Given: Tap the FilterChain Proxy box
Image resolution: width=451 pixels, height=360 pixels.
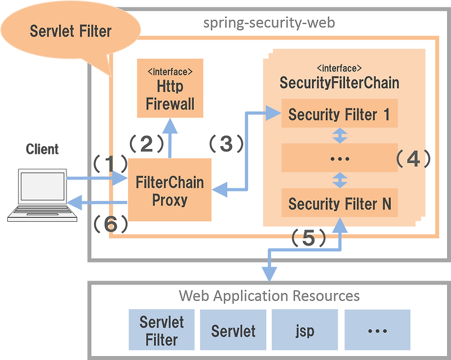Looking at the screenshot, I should click(x=170, y=190).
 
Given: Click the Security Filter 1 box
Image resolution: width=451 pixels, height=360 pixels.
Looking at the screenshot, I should click(x=339, y=115).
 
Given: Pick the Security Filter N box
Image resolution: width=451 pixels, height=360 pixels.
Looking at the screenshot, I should click(x=339, y=203).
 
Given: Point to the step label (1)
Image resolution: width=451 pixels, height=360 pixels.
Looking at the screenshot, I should click(x=110, y=164).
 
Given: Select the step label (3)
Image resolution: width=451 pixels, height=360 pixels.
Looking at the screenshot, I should click(x=226, y=144).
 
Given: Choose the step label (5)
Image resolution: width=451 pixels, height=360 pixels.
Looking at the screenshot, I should click(x=308, y=239).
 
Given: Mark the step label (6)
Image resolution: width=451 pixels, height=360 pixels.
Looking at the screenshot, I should click(x=110, y=225).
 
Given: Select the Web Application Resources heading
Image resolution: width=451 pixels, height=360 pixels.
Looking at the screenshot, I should click(x=269, y=295).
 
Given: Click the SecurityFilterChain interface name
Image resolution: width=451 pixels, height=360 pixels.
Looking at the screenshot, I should click(x=339, y=82).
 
